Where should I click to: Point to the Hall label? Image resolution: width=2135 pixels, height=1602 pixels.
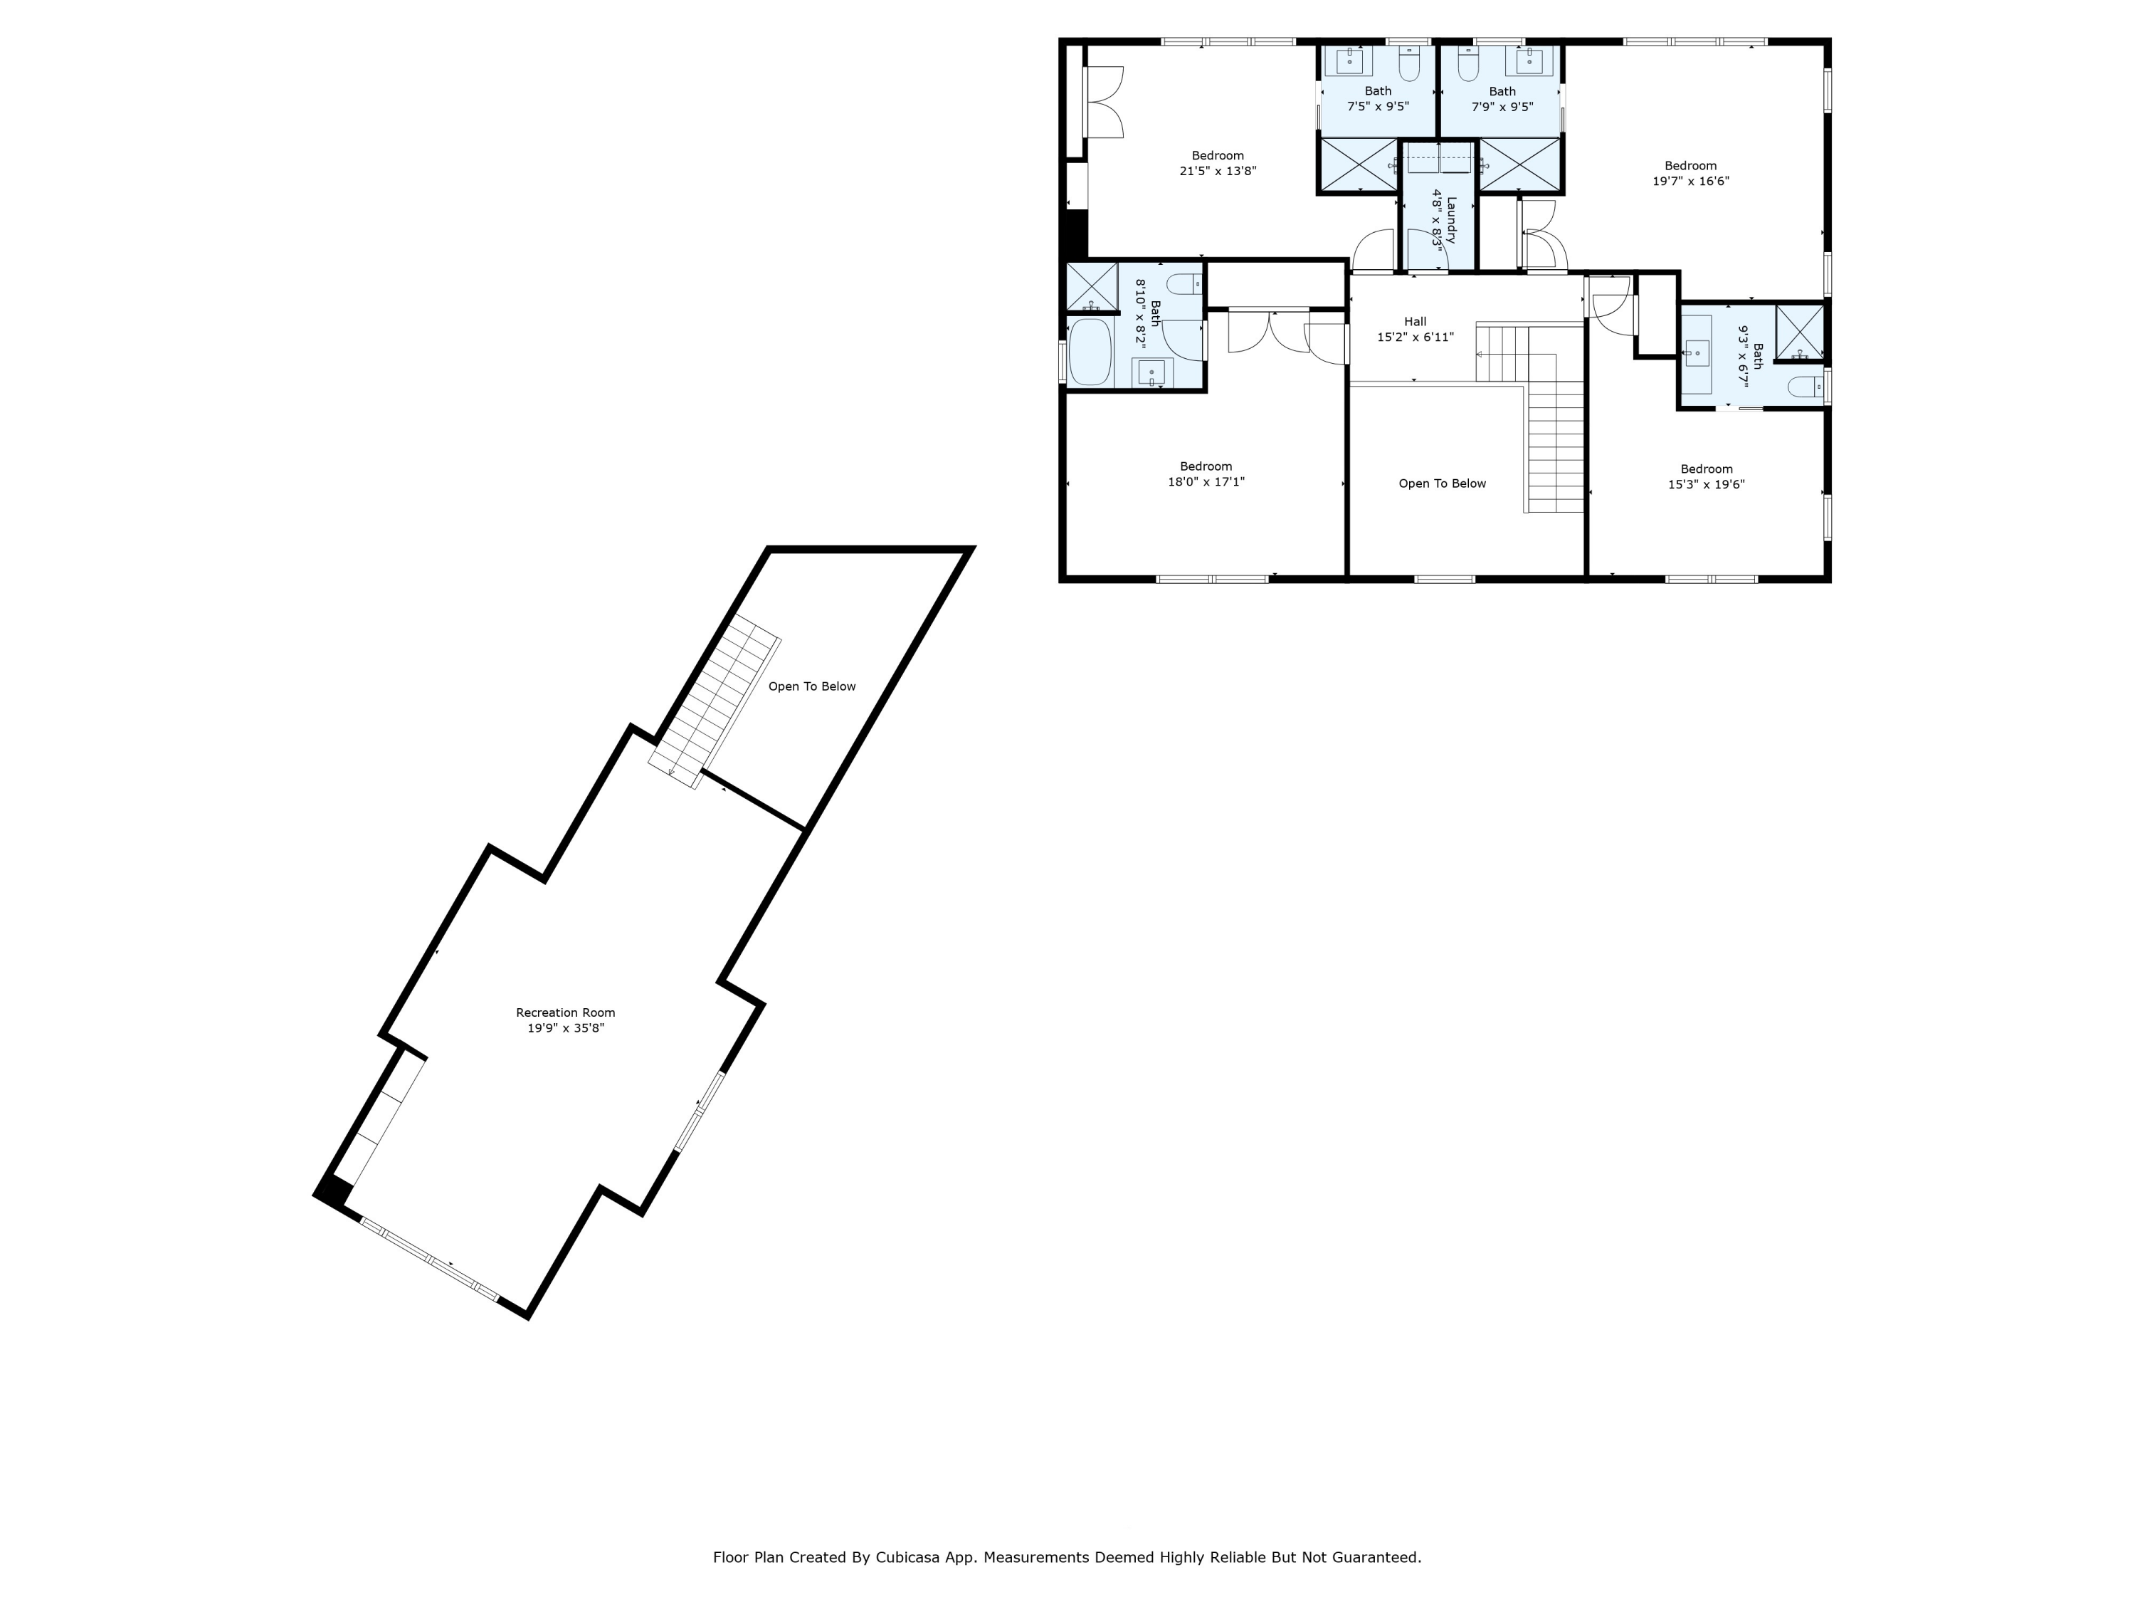click(1415, 322)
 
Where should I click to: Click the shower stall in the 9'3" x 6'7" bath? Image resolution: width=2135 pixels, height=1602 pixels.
click(1799, 331)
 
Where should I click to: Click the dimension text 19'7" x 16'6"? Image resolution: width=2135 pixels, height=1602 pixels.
click(1690, 181)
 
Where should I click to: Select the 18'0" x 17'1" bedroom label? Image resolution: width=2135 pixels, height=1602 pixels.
click(1206, 466)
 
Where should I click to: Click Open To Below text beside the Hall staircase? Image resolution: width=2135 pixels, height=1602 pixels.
click(1442, 483)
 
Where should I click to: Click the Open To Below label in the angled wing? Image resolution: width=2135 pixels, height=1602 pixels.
click(812, 686)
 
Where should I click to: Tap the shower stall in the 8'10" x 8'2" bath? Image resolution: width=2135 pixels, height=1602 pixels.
click(1091, 286)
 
